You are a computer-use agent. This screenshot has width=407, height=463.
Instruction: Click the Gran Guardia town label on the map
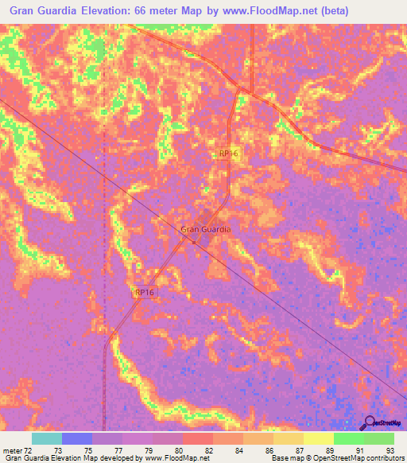tap(206, 229)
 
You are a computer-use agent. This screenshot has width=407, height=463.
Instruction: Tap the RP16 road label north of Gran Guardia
tap(228, 154)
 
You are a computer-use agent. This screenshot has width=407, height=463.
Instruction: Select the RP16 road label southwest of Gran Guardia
tap(145, 293)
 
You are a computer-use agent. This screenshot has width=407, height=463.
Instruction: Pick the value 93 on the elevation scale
tap(390, 449)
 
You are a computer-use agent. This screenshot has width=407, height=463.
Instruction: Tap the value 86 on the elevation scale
tap(269, 449)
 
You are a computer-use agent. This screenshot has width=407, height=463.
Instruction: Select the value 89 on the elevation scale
tap(329, 449)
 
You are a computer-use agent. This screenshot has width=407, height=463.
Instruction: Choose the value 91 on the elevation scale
tap(359, 449)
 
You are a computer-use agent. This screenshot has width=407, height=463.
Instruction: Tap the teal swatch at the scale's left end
tap(47, 438)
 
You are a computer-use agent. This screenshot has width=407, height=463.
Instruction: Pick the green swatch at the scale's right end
tap(379, 438)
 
